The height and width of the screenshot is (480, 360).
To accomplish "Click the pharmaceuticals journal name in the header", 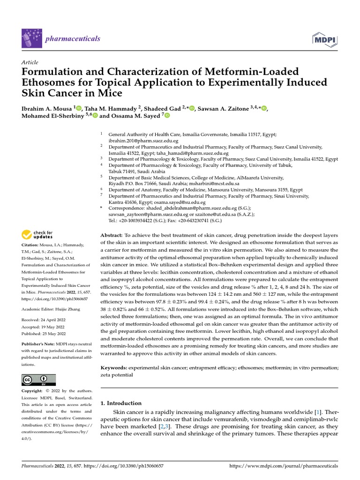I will click(x=73, y=38).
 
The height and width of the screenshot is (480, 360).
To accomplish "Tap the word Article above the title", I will click(x=30, y=62).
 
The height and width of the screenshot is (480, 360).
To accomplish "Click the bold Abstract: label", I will click(x=112, y=234).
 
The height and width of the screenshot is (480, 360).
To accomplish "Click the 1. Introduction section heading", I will click(x=121, y=403).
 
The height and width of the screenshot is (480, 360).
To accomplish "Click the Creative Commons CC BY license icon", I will click(x=38, y=380).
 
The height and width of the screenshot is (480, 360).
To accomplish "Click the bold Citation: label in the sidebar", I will click(x=31, y=245).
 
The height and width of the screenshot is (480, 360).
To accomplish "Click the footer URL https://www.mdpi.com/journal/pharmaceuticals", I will click(x=283, y=466).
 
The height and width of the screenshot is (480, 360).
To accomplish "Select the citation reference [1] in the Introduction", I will click(x=319, y=412).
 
